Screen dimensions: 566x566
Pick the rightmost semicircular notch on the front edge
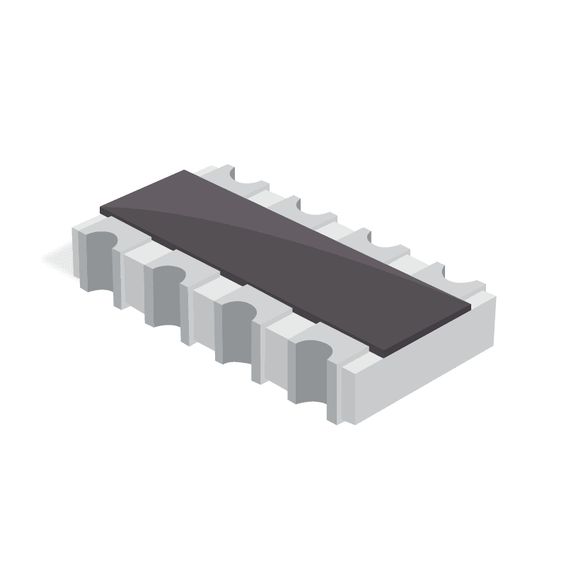pos(311,368)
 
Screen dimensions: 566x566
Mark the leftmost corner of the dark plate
pos(101,209)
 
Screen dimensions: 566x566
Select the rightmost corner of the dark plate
pos(470,307)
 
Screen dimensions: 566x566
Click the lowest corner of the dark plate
pos(383,353)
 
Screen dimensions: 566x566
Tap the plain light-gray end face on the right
pos(424,368)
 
